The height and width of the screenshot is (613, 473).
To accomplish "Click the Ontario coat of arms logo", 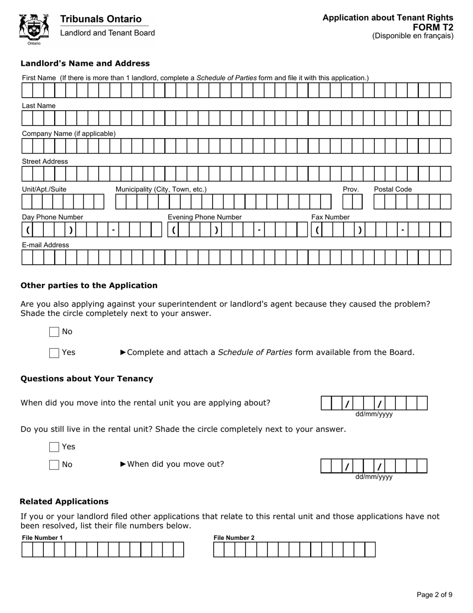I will [x=34, y=29].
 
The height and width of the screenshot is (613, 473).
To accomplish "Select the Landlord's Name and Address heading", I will [x=85, y=63].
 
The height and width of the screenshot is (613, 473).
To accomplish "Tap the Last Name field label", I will [x=39, y=106].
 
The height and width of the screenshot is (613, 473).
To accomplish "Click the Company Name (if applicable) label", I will [x=69, y=134].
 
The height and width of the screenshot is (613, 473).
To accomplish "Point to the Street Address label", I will [x=45, y=161].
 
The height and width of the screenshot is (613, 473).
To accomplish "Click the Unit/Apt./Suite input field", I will [x=63, y=201].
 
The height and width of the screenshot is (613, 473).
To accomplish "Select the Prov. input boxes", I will [x=353, y=201].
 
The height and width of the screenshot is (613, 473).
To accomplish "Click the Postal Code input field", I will [x=412, y=201].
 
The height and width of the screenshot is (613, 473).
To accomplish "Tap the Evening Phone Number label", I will [x=205, y=217].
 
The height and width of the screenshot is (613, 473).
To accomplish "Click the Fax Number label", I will [x=331, y=217].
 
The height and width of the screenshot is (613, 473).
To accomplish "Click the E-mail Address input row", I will [x=236, y=257].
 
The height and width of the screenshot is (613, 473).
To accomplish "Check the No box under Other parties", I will [x=54, y=332].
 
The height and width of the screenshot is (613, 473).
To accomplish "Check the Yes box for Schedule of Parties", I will [x=54, y=353].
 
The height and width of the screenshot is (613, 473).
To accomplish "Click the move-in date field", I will [x=374, y=403].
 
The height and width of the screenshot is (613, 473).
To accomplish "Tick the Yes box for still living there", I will [x=54, y=447].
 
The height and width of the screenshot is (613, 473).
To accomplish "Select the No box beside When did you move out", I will [x=54, y=465].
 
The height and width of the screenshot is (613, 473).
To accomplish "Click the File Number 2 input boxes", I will [x=294, y=550].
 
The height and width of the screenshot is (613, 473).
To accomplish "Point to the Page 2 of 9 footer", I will [x=434, y=595].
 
